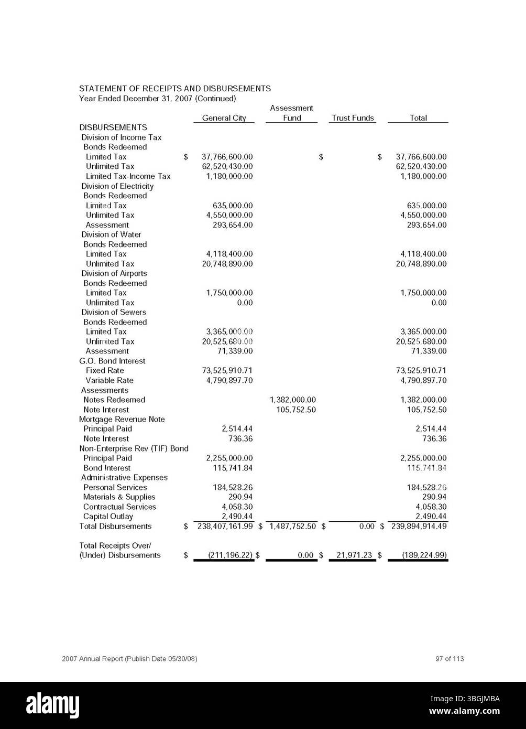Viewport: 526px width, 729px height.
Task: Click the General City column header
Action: pyautogui.click(x=224, y=118)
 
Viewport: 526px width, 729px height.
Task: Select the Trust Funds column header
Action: pyautogui.click(x=353, y=118)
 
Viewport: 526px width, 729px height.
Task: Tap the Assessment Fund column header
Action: pyautogui.click(x=292, y=113)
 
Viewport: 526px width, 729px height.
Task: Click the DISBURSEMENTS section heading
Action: pyautogui.click(x=113, y=127)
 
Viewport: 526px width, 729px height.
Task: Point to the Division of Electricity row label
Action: pyautogui.click(x=117, y=186)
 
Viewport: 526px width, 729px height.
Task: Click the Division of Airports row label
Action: pyautogui.click(x=114, y=273)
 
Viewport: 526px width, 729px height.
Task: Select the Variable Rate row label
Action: pyautogui.click(x=109, y=380)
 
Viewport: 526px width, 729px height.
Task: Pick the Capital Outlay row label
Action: pyautogui.click(x=108, y=517)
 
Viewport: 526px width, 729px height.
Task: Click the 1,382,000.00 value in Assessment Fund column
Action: pyautogui.click(x=292, y=400)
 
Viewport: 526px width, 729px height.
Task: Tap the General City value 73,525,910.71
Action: pyautogui.click(x=227, y=370)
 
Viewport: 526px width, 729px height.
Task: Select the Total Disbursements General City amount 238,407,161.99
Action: pyautogui.click(x=225, y=526)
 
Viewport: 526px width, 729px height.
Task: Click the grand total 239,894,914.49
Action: pyautogui.click(x=419, y=526)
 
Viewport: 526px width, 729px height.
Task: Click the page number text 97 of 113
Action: pyautogui.click(x=449, y=659)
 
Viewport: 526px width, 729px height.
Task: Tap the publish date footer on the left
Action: pyautogui.click(x=129, y=659)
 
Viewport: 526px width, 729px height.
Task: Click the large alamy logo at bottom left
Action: pyautogui.click(x=52, y=704)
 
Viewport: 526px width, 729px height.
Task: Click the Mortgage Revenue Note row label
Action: pyautogui.click(x=122, y=419)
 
